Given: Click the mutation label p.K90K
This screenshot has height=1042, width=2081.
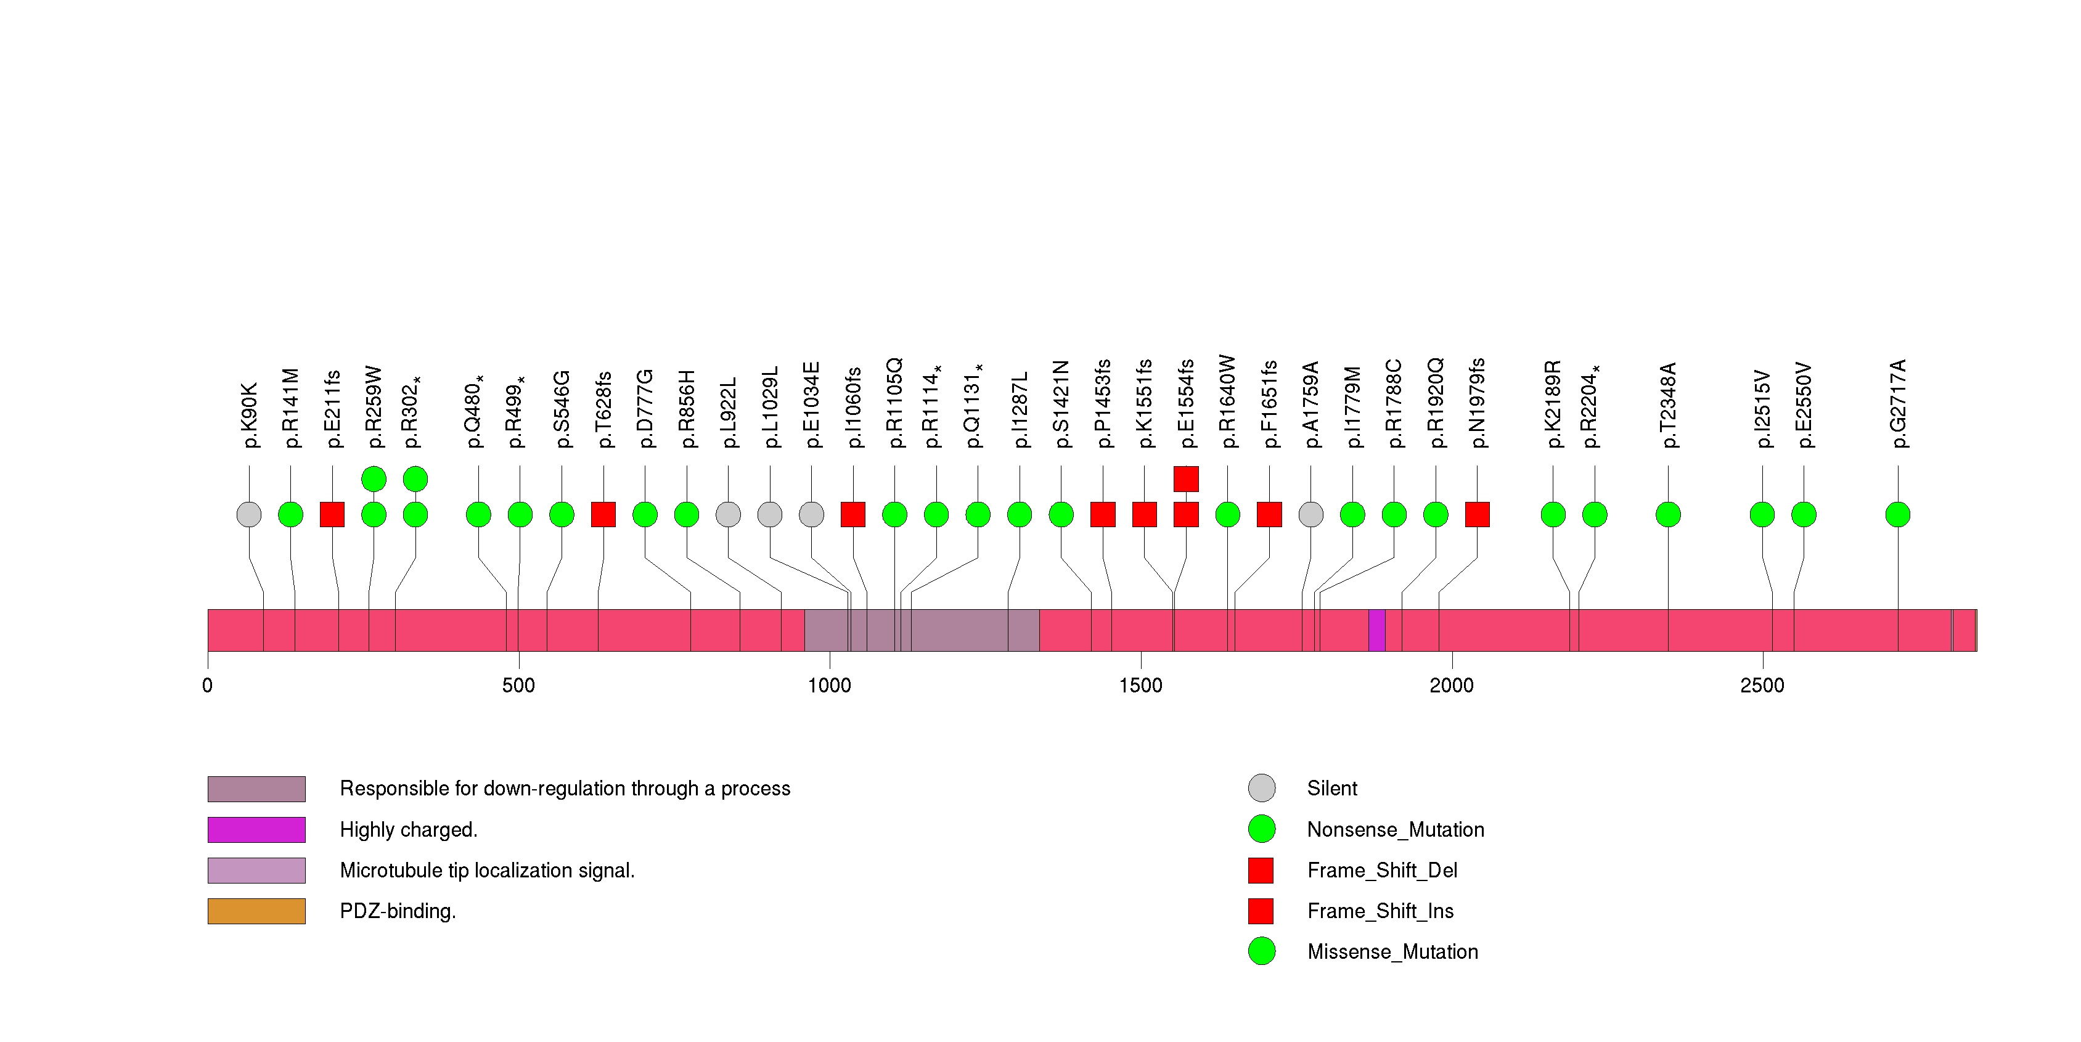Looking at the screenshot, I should click(250, 415).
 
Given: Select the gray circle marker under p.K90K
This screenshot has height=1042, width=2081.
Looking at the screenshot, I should click(249, 515).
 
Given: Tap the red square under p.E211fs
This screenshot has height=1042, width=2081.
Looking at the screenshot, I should click(332, 515).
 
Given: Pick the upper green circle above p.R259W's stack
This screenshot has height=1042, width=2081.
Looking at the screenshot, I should click(373, 479).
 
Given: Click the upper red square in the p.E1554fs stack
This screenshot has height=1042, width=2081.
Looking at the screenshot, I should click(1186, 479).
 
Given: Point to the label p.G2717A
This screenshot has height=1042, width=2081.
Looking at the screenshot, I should click(1899, 403).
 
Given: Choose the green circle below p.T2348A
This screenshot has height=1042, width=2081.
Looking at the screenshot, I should click(1668, 515).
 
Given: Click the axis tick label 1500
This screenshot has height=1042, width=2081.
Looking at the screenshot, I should click(1141, 686).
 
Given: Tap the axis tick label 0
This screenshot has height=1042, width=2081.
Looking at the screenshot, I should click(208, 686).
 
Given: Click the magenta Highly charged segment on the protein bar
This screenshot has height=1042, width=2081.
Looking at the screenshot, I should click(1376, 630).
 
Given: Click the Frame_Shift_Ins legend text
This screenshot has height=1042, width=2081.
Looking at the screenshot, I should click(1380, 911).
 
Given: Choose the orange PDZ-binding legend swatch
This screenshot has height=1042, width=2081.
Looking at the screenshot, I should click(256, 911).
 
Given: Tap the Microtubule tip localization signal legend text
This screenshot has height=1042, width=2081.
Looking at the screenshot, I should click(487, 871).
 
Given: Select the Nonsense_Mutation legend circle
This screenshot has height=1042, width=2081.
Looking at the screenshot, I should click(1261, 829).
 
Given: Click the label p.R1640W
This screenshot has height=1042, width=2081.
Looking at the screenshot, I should click(1228, 401).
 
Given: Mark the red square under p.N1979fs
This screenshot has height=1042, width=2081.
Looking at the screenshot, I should click(1478, 515).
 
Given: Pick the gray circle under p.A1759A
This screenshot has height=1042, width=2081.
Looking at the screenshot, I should click(1311, 515).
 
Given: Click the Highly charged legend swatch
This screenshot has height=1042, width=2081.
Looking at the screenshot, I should click(256, 829).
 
